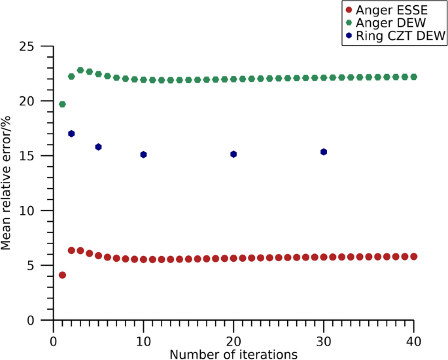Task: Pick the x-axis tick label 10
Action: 143,341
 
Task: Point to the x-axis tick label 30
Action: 324,341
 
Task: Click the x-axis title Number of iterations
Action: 234,354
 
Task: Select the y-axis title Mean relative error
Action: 7,183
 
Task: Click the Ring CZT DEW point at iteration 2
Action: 71,134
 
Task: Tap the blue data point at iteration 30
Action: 324,152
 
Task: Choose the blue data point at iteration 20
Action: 233,154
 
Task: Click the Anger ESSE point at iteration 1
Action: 62,275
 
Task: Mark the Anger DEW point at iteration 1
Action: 62,104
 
